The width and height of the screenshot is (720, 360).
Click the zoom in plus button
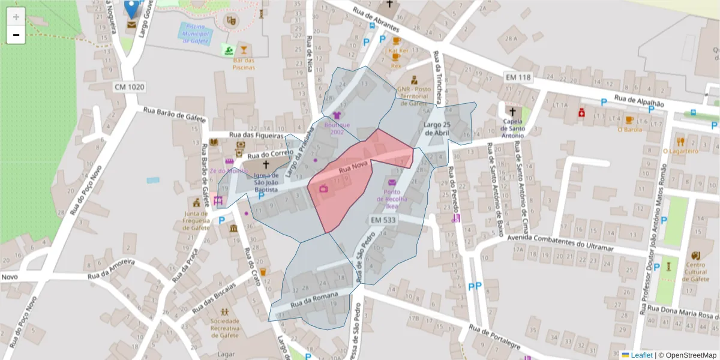pos(16,17)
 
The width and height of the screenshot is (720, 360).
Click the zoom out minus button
pos(16,35)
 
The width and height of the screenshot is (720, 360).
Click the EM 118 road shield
pos(518,77)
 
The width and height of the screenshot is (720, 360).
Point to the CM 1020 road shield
pos(130,87)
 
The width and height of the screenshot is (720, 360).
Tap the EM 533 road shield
pos(383,220)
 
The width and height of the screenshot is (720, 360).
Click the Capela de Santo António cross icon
pos(512,112)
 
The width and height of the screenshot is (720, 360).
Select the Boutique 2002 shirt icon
pos(337,115)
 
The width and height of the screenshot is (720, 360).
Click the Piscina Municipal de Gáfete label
pos(196,34)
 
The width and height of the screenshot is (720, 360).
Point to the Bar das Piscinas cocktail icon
pos(244,50)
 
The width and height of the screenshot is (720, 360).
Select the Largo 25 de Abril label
pos(436,128)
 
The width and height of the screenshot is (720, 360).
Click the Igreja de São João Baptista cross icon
pos(266,164)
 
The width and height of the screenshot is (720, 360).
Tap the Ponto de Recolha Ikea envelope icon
pos(392,183)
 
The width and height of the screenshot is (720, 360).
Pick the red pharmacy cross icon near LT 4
pos(581,113)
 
